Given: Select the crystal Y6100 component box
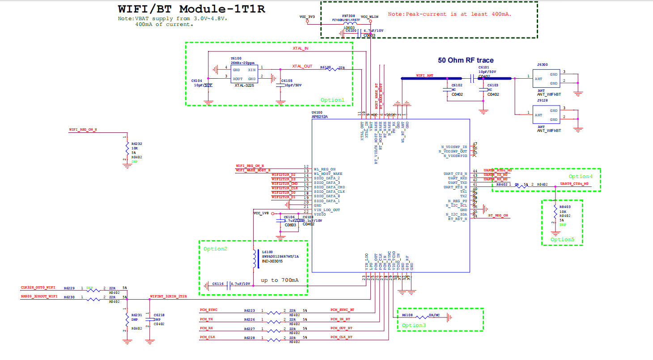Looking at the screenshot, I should tap(244, 74).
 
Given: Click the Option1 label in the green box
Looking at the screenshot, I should tap(333, 100).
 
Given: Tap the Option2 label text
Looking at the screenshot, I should tap(215, 249).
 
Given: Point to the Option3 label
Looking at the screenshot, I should tap(414, 326).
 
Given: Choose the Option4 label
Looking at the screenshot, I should tap(581, 176).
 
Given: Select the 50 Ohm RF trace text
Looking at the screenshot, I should tap(466, 60).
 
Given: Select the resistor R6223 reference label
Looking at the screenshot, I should tap(249, 310).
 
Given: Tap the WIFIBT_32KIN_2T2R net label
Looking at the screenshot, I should tap(168, 296).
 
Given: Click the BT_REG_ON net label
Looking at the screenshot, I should tap(498, 216).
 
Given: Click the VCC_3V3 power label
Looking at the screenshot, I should tap(307, 17).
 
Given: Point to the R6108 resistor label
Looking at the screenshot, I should tap(407, 315).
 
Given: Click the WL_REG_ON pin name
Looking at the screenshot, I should tap(325, 169).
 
